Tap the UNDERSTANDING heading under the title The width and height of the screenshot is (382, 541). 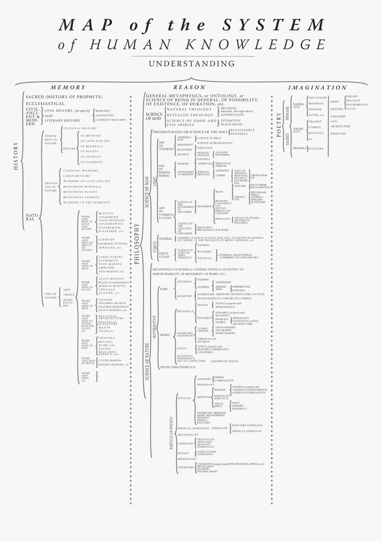pos(191,64)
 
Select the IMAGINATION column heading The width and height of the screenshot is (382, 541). pos(317,87)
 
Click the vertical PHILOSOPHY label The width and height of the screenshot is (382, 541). pos(137,244)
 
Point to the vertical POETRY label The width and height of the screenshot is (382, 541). pos(279,125)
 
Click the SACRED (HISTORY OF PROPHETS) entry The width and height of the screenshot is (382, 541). pos(64,97)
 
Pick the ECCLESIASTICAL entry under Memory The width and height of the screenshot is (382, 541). pos(45,104)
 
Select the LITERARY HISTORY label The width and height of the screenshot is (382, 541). pos(62,120)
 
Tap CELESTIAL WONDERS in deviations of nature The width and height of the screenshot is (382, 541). pos(80,170)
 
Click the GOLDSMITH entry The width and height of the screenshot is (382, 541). pos(108,217)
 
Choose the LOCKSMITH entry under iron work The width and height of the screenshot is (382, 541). pos(108,261)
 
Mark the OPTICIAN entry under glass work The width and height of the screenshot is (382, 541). pos(107,289)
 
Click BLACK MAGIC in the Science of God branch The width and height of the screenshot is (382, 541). pos(231,125)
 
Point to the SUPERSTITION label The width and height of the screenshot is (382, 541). pos(232,115)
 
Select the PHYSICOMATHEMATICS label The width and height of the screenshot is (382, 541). pos(178,367)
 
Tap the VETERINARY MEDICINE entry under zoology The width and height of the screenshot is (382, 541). pos(211,413)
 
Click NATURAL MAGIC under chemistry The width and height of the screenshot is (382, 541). pos(207,471)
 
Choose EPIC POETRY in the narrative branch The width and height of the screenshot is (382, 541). pos(318,98)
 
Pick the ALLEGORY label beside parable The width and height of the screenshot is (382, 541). pos(316,149)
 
